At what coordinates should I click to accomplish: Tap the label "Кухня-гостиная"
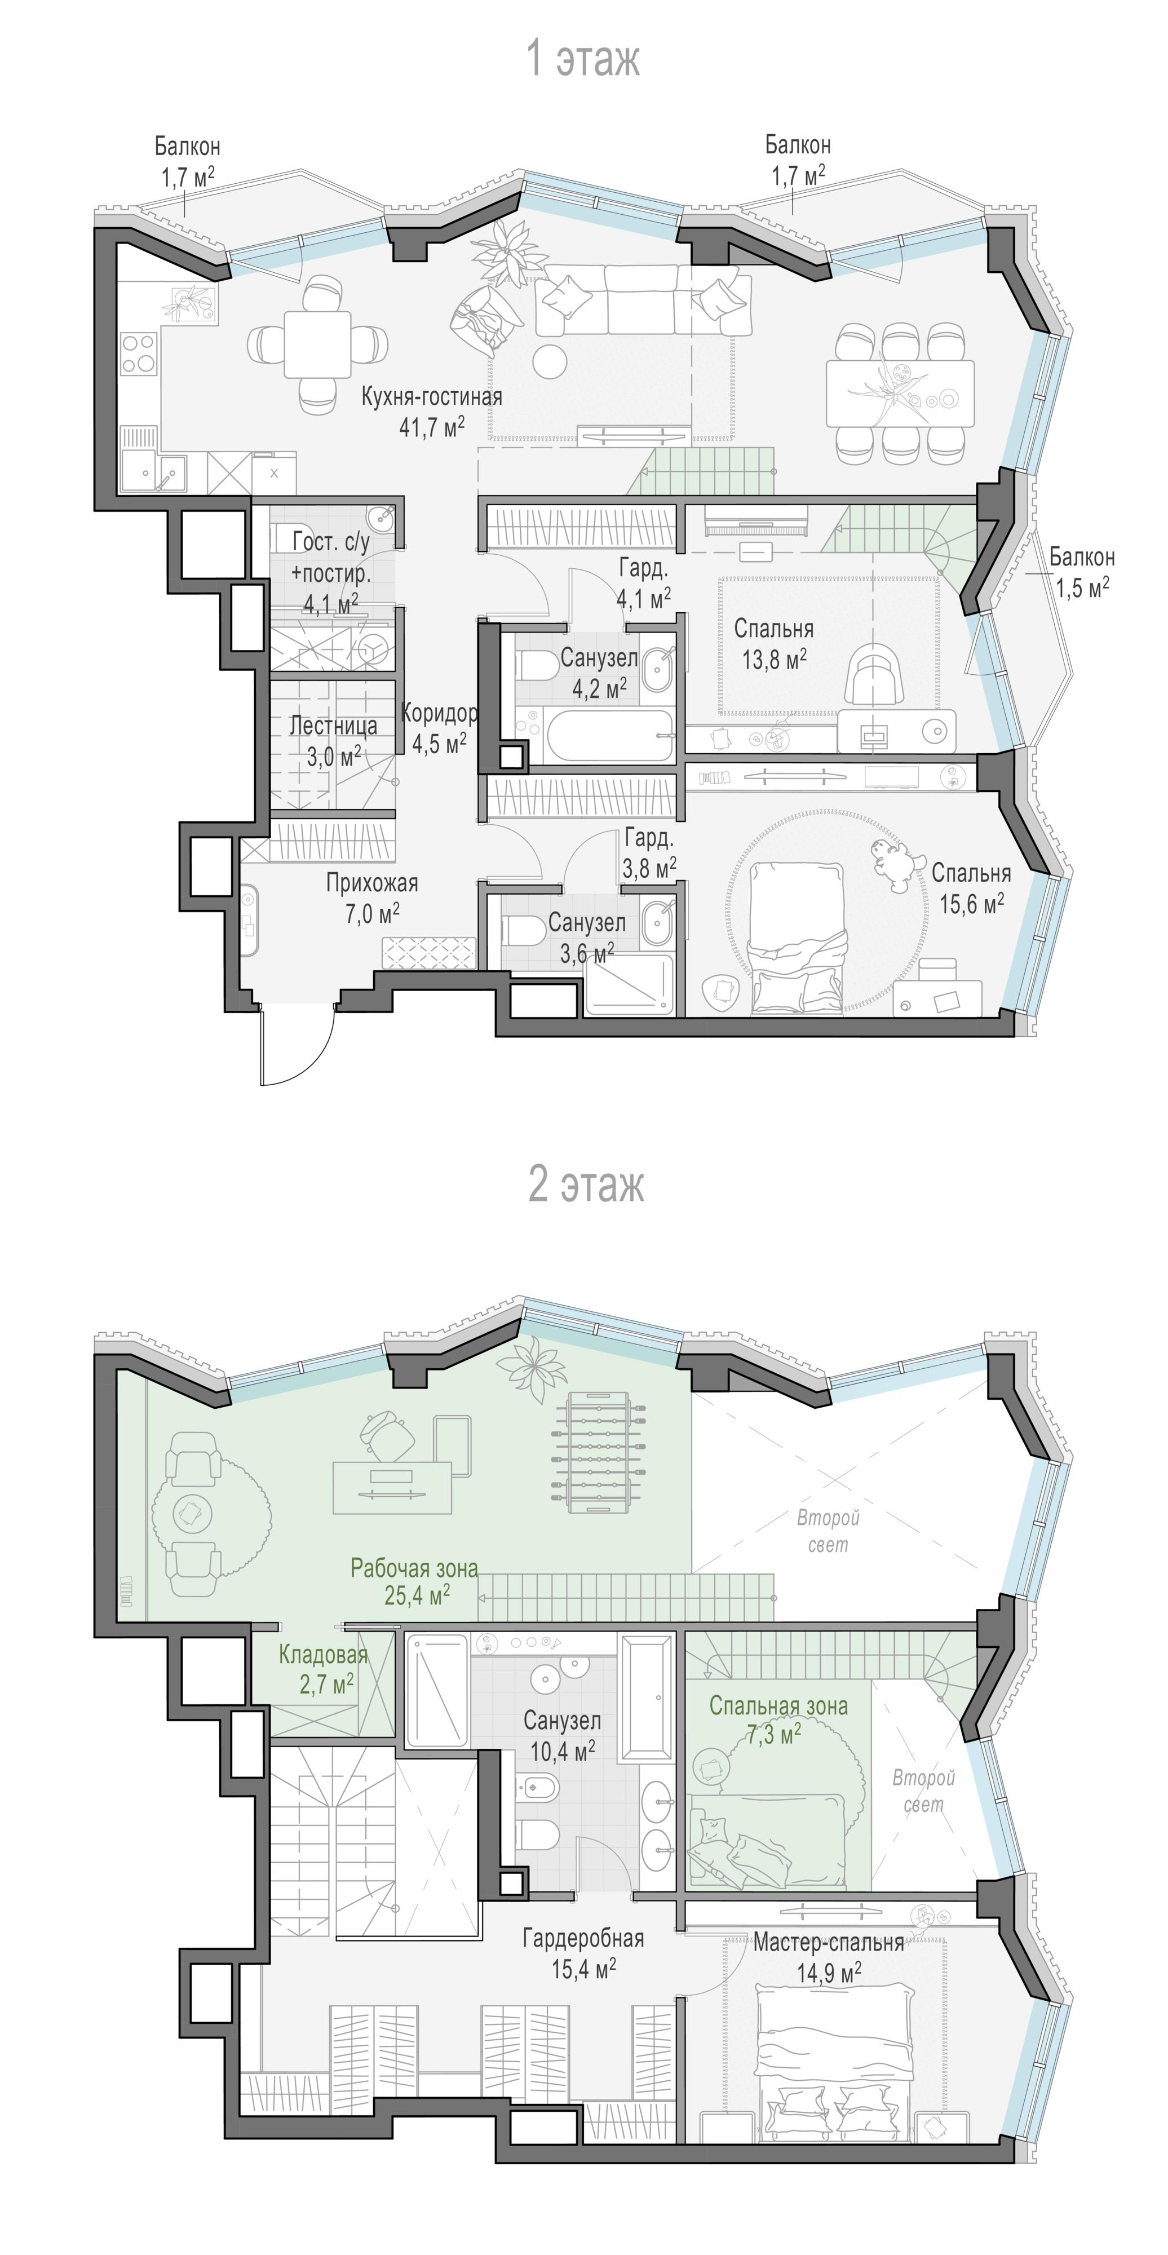coord(432,396)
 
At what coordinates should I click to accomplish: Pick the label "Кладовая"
coord(323,1653)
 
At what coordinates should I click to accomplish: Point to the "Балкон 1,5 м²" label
coord(1082,572)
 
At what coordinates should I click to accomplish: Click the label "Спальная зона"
coord(778,1705)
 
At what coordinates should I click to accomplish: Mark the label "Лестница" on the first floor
coord(334,725)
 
